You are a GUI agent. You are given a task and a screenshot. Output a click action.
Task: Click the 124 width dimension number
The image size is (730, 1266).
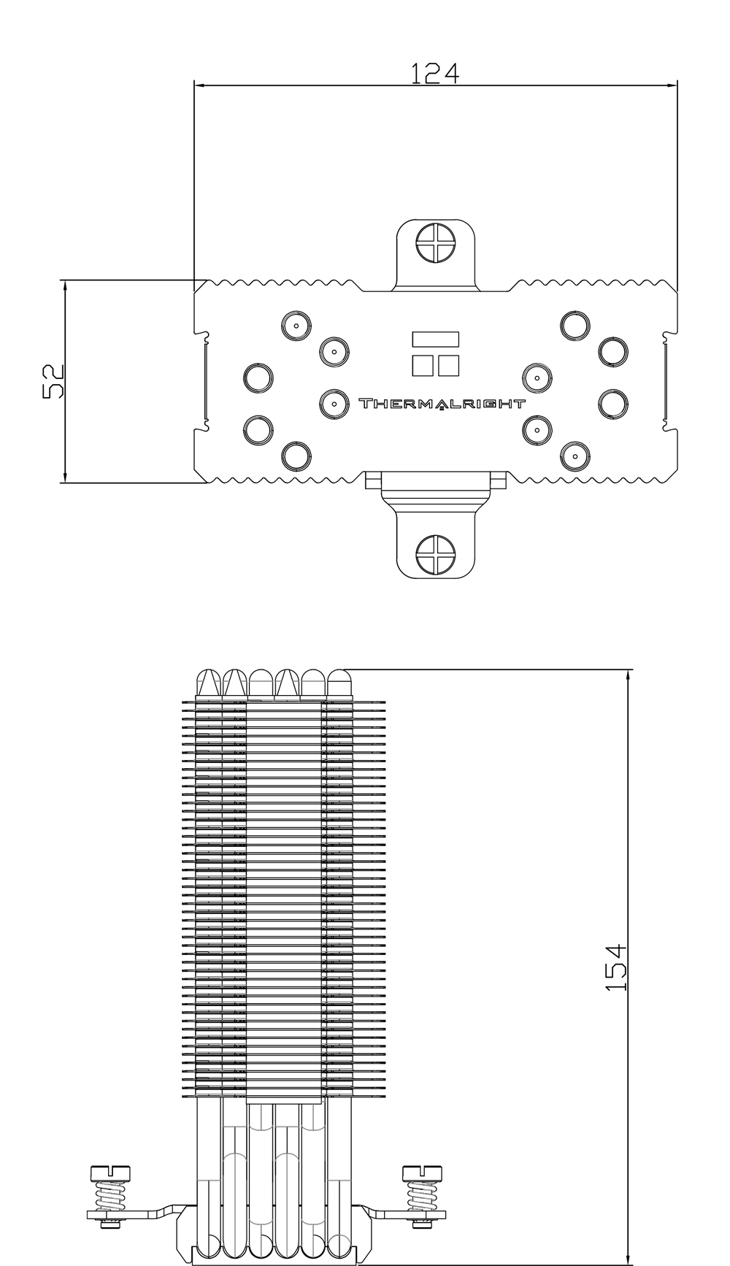(x=434, y=73)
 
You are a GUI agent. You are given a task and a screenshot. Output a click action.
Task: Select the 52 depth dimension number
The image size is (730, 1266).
(x=54, y=381)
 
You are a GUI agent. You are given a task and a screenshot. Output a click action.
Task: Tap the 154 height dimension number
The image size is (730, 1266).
(x=616, y=967)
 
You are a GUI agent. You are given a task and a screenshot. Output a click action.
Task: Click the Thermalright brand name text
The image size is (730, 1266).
(x=441, y=403)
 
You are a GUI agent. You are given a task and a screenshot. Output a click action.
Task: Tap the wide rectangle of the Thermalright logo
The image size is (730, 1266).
(x=436, y=339)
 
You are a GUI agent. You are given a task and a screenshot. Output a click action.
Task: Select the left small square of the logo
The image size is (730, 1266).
(x=423, y=365)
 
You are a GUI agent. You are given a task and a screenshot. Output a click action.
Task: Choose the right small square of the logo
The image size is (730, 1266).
(x=448, y=365)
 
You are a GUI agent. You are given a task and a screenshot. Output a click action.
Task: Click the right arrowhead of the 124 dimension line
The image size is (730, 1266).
(x=672, y=85)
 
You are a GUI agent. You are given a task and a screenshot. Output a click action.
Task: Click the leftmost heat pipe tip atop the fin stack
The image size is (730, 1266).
(x=210, y=685)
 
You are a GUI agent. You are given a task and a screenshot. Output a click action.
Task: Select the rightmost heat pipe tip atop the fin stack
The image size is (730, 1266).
(x=339, y=685)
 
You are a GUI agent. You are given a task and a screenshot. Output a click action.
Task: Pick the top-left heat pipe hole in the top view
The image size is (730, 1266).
(x=296, y=326)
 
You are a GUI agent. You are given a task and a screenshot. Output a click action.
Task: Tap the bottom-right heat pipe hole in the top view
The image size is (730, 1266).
(x=574, y=457)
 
